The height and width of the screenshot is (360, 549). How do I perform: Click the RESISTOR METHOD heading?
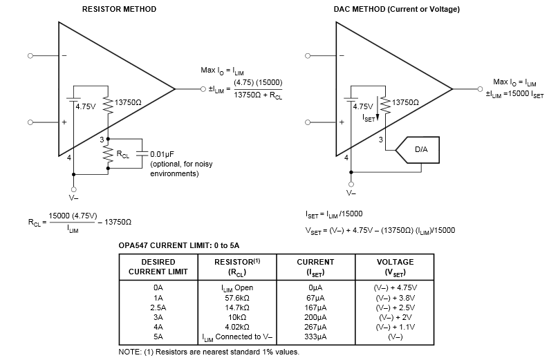(119, 9)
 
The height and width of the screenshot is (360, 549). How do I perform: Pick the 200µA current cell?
(315, 316)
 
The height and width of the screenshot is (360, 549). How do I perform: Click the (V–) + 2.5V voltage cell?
(395, 307)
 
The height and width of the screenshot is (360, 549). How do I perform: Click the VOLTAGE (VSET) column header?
(395, 267)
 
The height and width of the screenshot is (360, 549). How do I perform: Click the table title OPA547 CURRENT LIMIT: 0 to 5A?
(180, 245)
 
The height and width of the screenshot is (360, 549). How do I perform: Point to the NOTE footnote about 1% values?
(209, 352)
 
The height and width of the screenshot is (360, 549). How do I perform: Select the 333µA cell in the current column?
(315, 337)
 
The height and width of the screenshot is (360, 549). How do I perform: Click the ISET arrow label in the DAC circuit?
(370, 117)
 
